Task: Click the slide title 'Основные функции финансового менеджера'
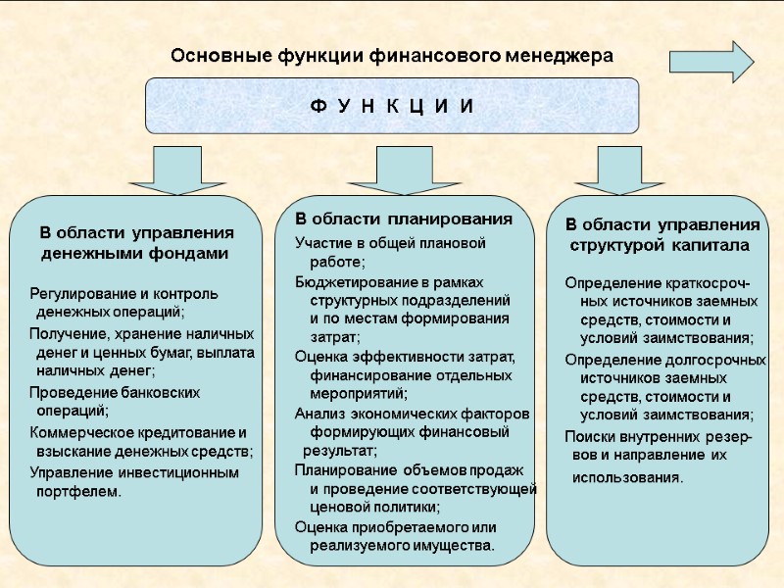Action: pyautogui.click(x=392, y=56)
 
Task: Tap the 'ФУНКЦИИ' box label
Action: pyautogui.click(x=392, y=106)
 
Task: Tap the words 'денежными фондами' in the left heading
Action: pyautogui.click(x=134, y=253)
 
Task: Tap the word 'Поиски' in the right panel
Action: pyautogui.click(x=589, y=436)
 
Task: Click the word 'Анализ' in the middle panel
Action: pyautogui.click(x=318, y=413)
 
